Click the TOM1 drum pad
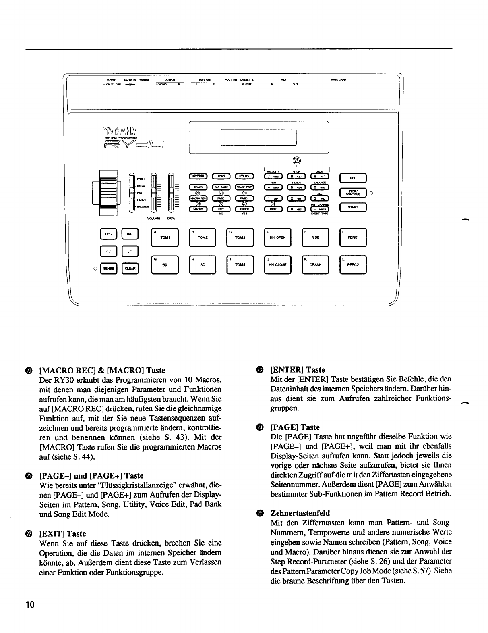pyautogui.click(x=165, y=237)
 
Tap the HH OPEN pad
pyautogui.click(x=277, y=237)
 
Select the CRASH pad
pyautogui.click(x=315, y=265)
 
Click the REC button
pyautogui.click(x=353, y=178)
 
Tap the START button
pyautogui.click(x=353, y=208)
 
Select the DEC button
pyautogui.click(x=108, y=234)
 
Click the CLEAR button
pyautogui.click(x=130, y=268)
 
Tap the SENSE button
pyautogui.click(x=108, y=268)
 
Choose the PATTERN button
pyautogui.click(x=197, y=176)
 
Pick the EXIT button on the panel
pyautogui.click(x=221, y=209)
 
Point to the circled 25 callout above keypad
pyautogui.click(x=297, y=160)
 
